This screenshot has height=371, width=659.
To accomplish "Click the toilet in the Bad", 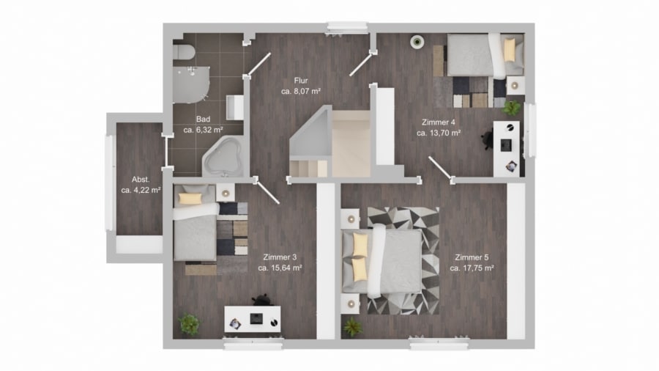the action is pos(183,52).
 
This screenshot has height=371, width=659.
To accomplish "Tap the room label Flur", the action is pos(301,81).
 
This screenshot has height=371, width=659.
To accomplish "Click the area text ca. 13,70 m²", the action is pos(439,133).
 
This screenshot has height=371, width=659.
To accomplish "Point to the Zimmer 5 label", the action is pos(472,257).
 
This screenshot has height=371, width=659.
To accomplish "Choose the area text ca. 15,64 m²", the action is pos(280,268).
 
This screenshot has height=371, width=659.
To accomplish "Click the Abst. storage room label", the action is pos(141,179).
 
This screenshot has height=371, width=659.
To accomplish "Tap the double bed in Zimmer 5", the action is pos(381,261).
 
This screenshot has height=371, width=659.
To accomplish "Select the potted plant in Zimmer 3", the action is pos(190,324).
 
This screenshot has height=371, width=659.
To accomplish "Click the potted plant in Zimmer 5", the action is pos(352,326).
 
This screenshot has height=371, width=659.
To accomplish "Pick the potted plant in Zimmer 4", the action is pos(512,108).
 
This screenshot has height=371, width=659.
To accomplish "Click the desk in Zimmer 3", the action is pos(252,319).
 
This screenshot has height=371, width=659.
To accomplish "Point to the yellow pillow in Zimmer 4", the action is pos(510,50).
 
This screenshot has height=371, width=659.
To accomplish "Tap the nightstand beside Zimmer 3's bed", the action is pos(226,193).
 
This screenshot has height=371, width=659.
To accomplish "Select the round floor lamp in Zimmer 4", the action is pos(417,42).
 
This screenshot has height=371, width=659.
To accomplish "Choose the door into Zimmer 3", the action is pos(267,192).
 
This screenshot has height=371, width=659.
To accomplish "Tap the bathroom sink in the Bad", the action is pos(234,107).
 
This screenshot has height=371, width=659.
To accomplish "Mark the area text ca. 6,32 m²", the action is pos(203,130).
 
